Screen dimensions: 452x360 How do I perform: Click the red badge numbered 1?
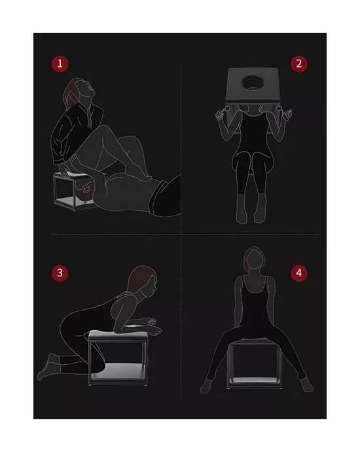click(60, 64)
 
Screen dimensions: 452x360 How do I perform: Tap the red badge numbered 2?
click(299, 64)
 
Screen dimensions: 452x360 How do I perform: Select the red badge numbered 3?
click(60, 273)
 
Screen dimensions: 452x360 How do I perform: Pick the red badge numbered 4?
click(299, 273)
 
